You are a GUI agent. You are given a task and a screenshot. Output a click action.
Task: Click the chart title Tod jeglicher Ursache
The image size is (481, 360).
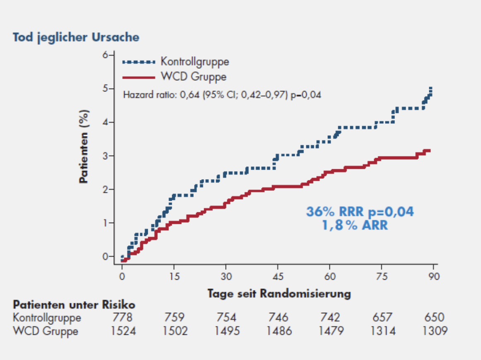click(x=76, y=37)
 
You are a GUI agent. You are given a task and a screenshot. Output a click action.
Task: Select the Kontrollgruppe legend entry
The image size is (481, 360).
click(x=195, y=62)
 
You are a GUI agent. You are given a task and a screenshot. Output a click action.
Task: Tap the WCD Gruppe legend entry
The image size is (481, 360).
click(x=193, y=77)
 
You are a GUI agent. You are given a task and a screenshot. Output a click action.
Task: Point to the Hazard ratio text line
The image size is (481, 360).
click(x=222, y=94)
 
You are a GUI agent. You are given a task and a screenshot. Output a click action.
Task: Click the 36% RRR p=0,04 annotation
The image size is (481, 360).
click(x=360, y=212)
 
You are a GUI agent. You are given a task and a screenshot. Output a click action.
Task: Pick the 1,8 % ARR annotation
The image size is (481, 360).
click(x=355, y=226)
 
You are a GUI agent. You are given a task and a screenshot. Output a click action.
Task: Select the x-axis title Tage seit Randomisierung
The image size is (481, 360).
click(x=279, y=294)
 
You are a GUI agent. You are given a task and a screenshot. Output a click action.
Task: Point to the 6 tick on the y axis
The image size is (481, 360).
click(x=105, y=55)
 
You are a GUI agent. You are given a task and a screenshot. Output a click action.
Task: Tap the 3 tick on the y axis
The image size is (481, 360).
click(x=105, y=156)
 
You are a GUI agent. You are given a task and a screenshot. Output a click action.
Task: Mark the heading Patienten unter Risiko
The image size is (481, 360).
click(x=74, y=305)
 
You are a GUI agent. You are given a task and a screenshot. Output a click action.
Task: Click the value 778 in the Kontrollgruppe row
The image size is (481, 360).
click(x=123, y=318)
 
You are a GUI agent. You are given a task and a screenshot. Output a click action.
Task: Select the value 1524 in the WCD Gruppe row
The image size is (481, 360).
click(x=123, y=331)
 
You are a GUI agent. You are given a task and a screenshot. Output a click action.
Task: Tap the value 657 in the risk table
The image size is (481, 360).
click(x=382, y=318)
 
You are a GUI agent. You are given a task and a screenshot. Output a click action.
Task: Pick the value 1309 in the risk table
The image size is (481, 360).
click(x=434, y=331)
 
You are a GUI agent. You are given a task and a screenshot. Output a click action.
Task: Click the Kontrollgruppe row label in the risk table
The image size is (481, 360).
click(x=47, y=318)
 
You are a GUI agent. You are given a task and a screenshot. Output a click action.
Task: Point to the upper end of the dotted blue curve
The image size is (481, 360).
click(x=431, y=88)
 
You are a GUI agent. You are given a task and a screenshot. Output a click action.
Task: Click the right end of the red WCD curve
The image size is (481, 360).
click(x=430, y=151)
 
